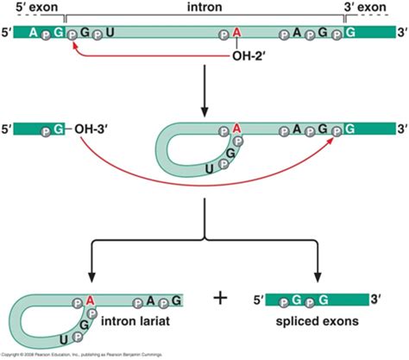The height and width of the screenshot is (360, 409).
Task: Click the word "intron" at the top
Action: [x=204, y=7]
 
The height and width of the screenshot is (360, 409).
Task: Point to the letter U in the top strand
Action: [x=108, y=34]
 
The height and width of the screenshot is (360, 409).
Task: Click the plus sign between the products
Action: [x=221, y=299]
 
